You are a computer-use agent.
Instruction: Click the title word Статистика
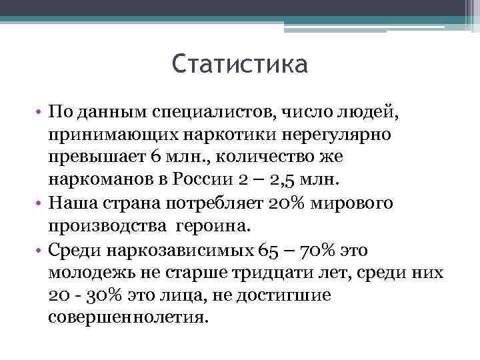[239, 65]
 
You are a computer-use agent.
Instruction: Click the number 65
[266, 251]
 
